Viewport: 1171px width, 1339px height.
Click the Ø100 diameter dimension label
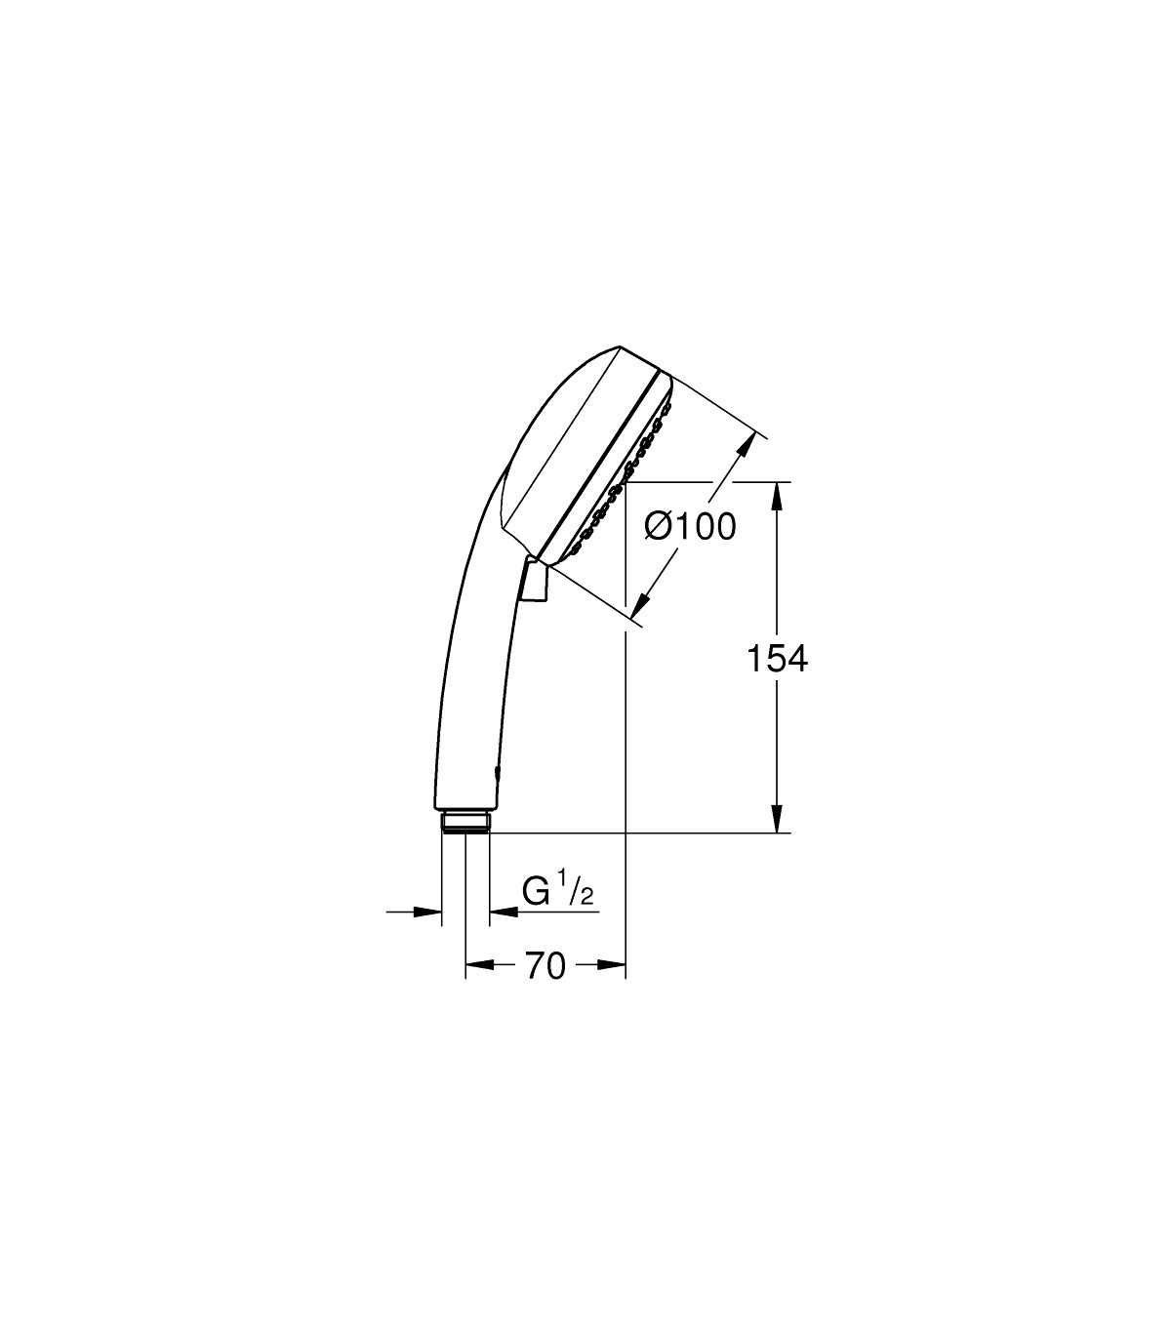coord(690,527)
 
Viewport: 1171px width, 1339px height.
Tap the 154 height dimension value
coord(777,659)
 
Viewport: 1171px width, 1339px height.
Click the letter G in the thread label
coord(535,891)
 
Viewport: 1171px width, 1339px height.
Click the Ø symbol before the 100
coord(658,527)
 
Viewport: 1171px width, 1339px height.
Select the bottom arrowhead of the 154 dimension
coord(777,819)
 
